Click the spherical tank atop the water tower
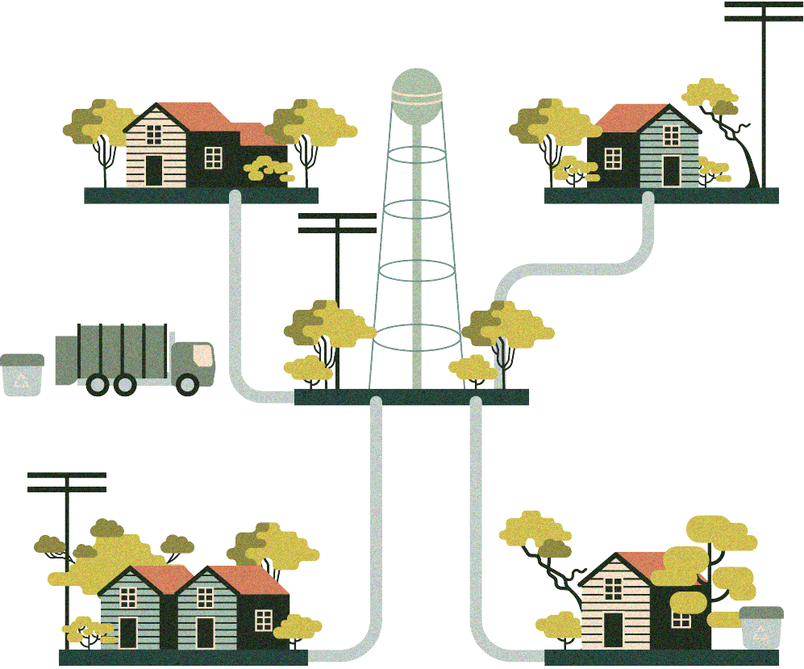(417, 89)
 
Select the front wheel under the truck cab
(186, 384)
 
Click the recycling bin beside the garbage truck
(22, 375)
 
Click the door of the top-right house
(671, 171)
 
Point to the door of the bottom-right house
(614, 630)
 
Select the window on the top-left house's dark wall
(213, 158)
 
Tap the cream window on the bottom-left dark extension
(263, 619)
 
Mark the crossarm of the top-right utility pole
(758, 11)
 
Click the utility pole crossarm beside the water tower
(337, 224)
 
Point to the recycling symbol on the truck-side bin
(22, 379)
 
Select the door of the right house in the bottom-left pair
(205, 633)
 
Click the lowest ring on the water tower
(416, 337)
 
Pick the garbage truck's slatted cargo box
(113, 353)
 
